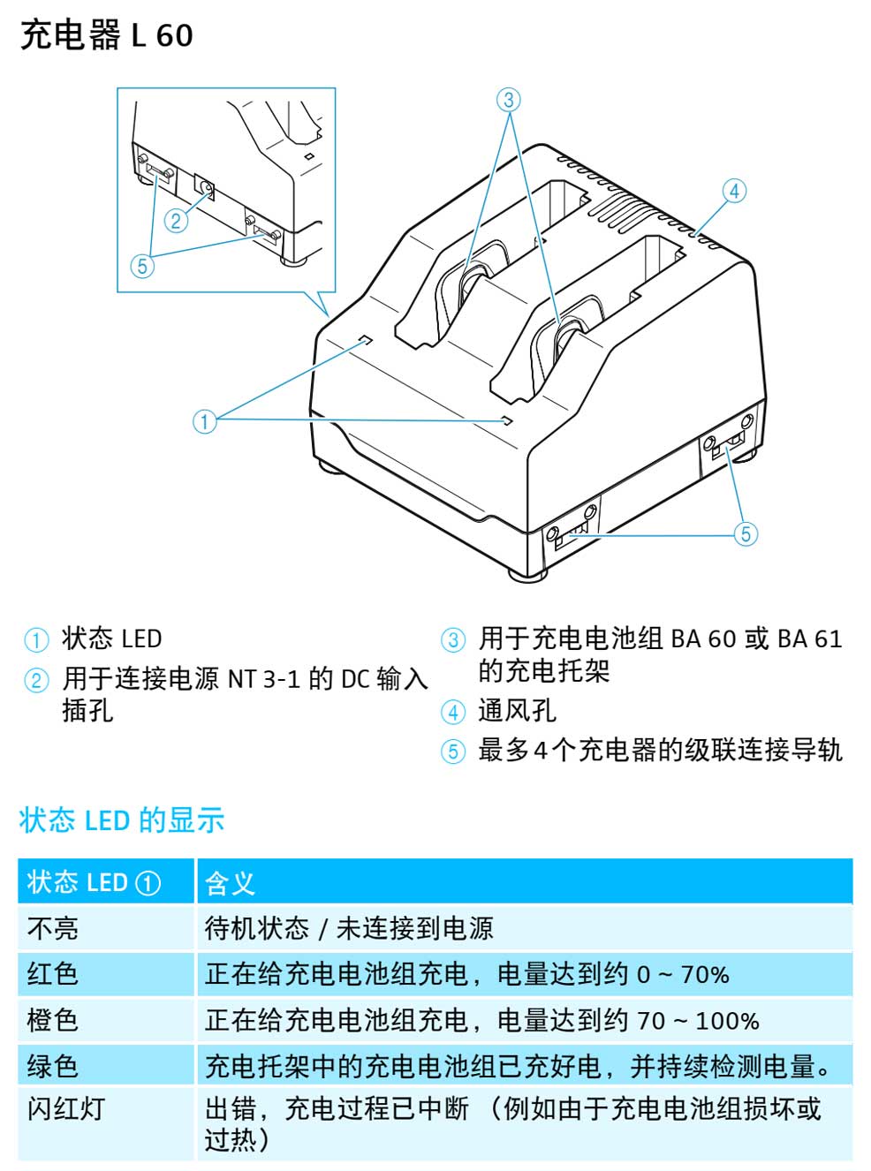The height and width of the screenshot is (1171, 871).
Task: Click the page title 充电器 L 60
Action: point(107,36)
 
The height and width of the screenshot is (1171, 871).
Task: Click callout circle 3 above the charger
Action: point(508,99)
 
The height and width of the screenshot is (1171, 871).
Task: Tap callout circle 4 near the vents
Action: point(734,191)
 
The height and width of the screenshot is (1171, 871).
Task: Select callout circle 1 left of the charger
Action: point(204,421)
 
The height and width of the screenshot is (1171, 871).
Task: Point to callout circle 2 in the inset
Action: point(177,220)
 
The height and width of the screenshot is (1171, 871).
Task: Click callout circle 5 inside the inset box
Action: point(142,266)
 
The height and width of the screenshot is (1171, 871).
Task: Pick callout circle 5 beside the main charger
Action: point(746,533)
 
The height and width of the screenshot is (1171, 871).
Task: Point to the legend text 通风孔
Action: point(517,710)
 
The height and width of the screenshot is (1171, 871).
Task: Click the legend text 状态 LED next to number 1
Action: point(111,638)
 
